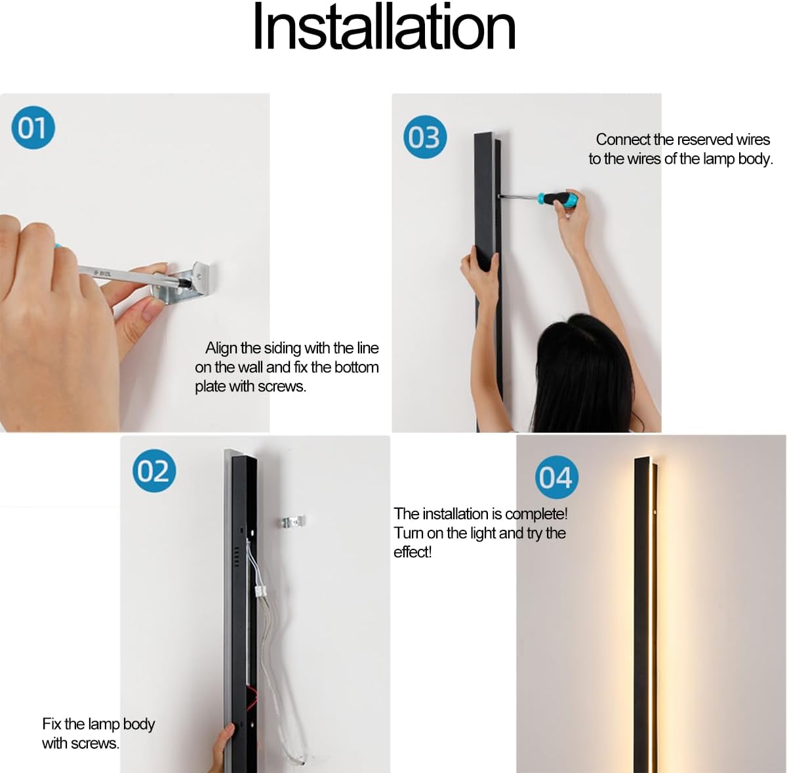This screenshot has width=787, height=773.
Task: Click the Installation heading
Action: [x=384, y=28]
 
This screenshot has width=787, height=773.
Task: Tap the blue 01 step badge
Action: [x=32, y=128]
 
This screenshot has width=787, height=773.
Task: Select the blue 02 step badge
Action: [x=154, y=471]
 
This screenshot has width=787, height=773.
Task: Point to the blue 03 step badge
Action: [x=424, y=138]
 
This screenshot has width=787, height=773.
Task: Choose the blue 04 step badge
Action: [x=556, y=477]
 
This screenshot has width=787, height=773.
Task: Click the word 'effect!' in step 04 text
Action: [x=413, y=552]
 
